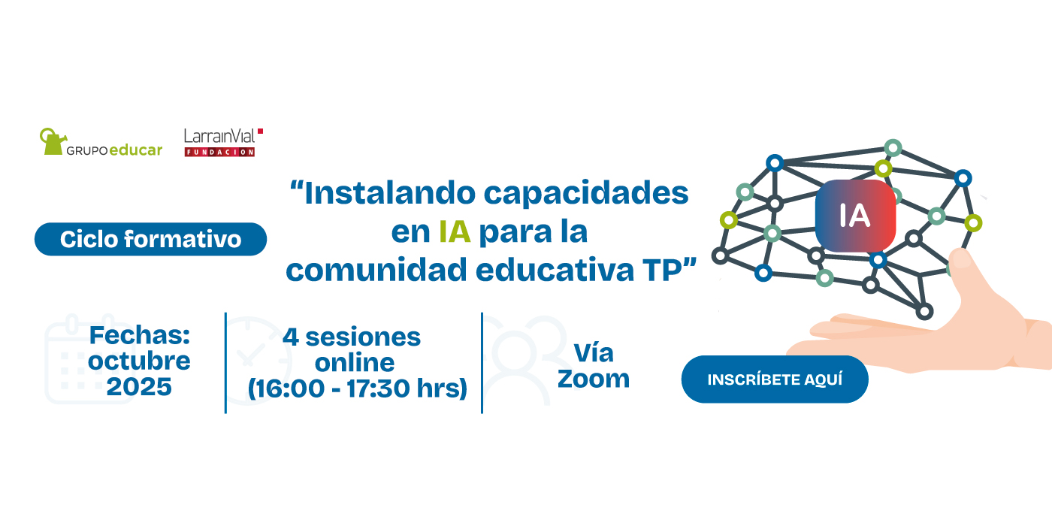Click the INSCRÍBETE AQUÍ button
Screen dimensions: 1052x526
pyautogui.click(x=775, y=379)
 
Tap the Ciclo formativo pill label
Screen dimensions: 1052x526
pyautogui.click(x=151, y=239)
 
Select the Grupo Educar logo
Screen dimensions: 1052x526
pyautogui.click(x=101, y=142)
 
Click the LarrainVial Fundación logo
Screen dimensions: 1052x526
pyautogui.click(x=223, y=142)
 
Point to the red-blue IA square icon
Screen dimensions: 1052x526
pyautogui.click(x=855, y=216)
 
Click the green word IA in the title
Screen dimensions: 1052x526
pyautogui.click(x=455, y=231)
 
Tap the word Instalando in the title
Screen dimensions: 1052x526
pyautogui.click(x=390, y=193)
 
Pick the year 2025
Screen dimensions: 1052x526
pyautogui.click(x=139, y=387)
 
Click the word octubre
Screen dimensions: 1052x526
pyautogui.click(x=139, y=361)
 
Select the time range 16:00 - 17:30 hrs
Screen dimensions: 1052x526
pyautogui.click(x=358, y=388)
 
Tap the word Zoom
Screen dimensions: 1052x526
pyautogui.click(x=593, y=379)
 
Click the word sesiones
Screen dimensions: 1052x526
pyautogui.click(x=363, y=337)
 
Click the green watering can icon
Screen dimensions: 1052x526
pyautogui.click(x=53, y=141)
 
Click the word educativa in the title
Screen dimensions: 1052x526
pyautogui.click(x=555, y=270)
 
